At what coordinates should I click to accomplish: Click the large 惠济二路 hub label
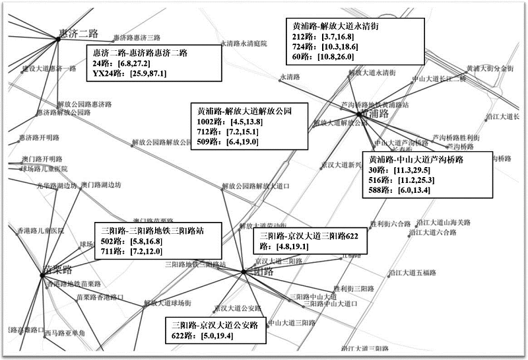(x=79, y=33)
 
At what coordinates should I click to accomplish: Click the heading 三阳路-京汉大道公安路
(x=214, y=326)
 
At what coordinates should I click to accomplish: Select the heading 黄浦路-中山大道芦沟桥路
(x=416, y=160)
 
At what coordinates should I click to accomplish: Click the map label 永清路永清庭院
(x=243, y=44)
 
